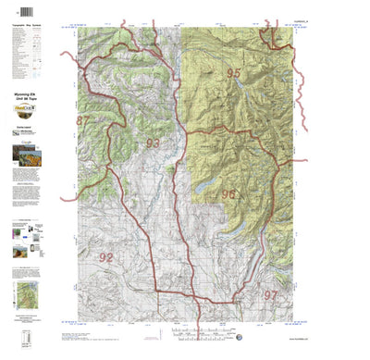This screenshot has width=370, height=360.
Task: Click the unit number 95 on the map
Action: (x=233, y=73)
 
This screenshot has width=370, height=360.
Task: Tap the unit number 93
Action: (x=153, y=143)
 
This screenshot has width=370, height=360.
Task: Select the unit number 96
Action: (x=228, y=194)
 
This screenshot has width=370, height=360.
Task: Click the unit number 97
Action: (x=270, y=294)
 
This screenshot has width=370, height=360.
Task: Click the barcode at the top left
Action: (x=19, y=11)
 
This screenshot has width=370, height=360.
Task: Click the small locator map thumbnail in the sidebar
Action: (x=25, y=294)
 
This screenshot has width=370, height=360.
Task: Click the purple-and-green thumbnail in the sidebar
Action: (x=18, y=247)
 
